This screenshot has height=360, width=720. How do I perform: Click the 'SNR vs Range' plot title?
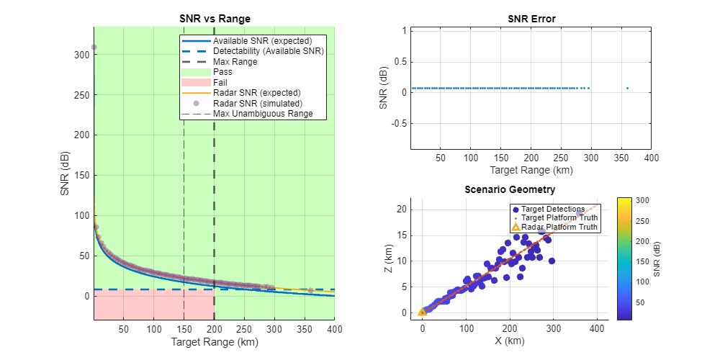[214, 19]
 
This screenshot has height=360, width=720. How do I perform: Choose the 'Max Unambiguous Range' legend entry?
[269, 113]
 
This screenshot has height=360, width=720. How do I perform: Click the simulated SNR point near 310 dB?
[94, 48]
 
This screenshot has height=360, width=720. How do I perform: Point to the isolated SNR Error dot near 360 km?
[627, 89]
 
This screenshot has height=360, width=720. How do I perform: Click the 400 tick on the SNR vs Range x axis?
[334, 330]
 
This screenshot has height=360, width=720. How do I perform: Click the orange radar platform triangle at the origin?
[423, 312]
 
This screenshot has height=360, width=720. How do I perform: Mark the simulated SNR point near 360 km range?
[310, 290]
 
